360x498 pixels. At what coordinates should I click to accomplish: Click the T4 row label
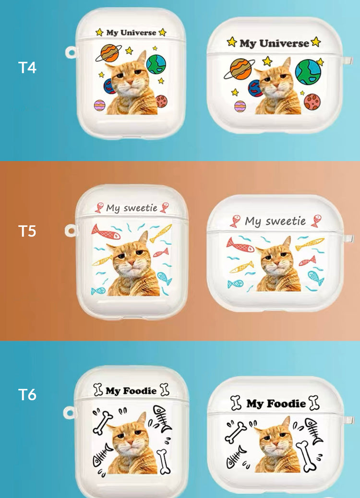27,67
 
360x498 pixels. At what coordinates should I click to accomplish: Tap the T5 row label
27,231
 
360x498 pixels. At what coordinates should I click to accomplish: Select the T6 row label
27,395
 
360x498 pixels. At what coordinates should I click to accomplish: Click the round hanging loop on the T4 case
71,53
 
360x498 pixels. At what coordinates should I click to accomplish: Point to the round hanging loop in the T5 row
70,231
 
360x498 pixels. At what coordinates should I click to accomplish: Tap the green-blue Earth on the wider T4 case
308,72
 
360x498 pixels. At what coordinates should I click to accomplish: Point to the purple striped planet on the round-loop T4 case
99,105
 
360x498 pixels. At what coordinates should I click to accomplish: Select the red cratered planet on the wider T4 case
312,102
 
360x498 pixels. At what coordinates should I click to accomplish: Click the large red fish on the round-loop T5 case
106,232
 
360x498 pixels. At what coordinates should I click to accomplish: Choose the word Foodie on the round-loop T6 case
140,391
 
